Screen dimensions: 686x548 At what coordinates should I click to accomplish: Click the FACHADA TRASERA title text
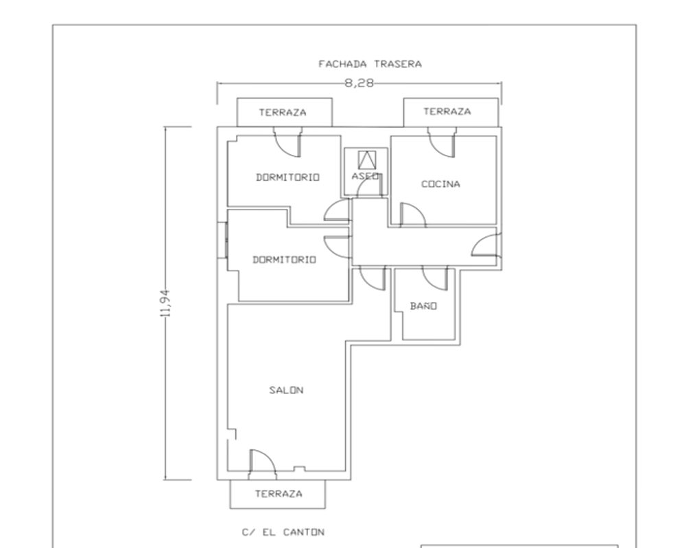tap(370, 64)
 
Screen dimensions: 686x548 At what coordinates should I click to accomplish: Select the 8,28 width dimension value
tap(359, 83)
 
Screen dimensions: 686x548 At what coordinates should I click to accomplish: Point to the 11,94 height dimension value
tap(165, 303)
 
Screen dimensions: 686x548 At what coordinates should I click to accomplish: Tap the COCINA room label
tap(440, 184)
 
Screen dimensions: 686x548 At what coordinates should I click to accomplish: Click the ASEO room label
tap(366, 176)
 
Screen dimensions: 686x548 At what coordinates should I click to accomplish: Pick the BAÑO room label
tap(423, 306)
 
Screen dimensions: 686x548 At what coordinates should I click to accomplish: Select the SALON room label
tap(286, 390)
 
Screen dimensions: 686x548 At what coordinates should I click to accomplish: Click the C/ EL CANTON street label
tap(283, 532)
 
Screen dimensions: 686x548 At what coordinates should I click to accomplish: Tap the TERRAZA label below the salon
tap(279, 494)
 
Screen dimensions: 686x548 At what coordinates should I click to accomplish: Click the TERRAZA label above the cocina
tap(447, 112)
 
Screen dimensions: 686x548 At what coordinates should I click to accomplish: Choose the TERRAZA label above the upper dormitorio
tap(282, 113)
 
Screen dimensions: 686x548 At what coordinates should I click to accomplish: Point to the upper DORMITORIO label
tap(287, 177)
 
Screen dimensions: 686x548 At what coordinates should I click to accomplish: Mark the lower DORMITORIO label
tap(285, 260)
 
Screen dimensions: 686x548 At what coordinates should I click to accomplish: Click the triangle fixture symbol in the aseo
tap(367, 160)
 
